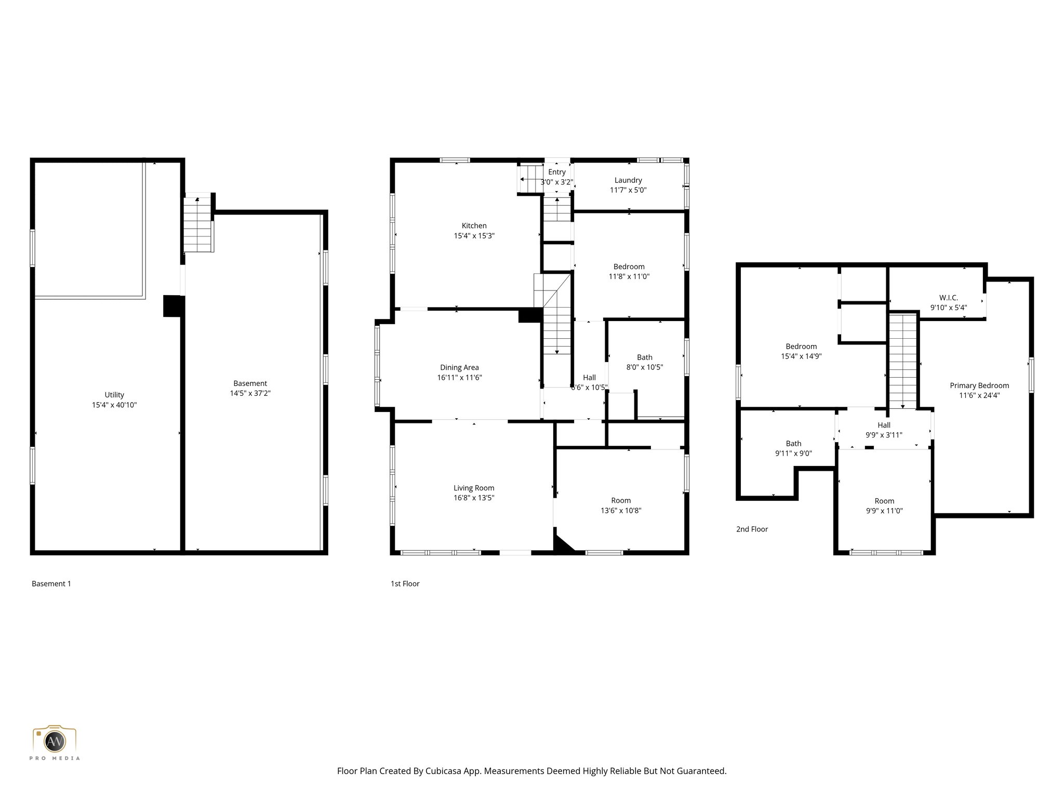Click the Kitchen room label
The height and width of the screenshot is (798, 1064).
coord(474,225)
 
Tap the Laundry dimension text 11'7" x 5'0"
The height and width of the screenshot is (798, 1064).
coord(628,190)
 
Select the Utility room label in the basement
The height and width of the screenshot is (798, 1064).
coord(114,395)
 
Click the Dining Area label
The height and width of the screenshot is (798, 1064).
coord(459,367)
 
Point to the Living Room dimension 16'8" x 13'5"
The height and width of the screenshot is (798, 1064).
coord(473,498)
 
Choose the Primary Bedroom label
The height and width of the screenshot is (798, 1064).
coord(979,385)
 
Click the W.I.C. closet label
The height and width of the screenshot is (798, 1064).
coord(948,298)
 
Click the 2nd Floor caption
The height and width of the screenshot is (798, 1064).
coord(751,529)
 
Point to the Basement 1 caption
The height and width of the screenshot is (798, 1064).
coord(51,583)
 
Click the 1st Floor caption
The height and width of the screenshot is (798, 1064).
coord(405,583)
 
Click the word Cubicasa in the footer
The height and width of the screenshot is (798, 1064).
coord(444,771)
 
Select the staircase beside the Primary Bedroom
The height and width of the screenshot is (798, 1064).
coord(903,361)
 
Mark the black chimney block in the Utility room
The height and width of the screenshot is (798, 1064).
coord(172,306)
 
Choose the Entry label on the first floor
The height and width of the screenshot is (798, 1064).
coord(556,172)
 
